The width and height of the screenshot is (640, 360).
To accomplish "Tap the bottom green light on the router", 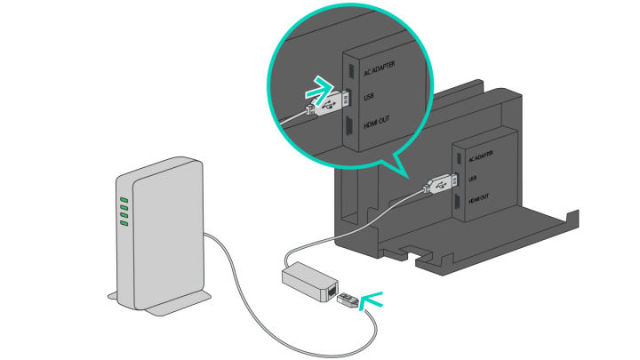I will [x=124, y=222].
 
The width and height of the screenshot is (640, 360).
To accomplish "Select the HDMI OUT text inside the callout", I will [x=377, y=130].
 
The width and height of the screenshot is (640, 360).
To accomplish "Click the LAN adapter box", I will [x=307, y=281].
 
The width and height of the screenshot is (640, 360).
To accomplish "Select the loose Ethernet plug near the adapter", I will [x=348, y=300].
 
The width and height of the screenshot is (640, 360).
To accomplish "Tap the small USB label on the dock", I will [x=473, y=177].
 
